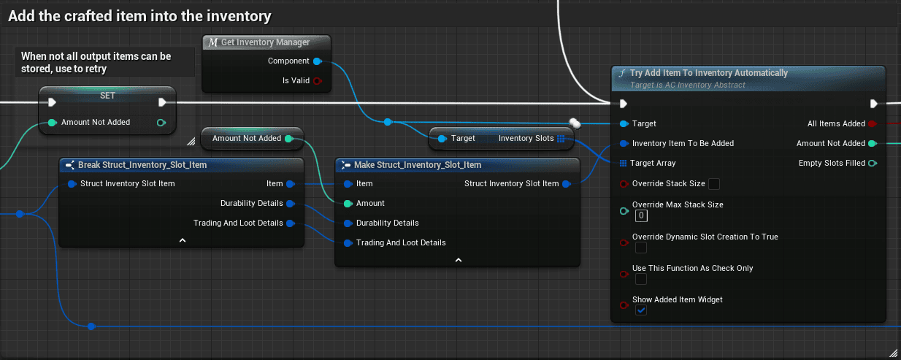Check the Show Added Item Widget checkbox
tap(641, 310)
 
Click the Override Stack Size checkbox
tap(713, 184)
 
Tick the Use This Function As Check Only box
tap(641, 279)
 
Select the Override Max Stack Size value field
tap(641, 215)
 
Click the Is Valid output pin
tap(318, 81)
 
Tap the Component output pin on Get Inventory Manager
tap(318, 61)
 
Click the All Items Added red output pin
tap(872, 124)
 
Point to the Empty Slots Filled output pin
tap(873, 164)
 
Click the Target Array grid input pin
tap(623, 164)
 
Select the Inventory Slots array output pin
tap(561, 139)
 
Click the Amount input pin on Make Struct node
tap(348, 204)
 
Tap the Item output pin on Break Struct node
tap(291, 184)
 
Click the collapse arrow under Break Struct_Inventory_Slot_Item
tap(183, 240)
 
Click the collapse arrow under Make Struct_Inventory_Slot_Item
tap(458, 260)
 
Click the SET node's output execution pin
tap(162, 102)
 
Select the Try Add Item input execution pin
tap(623, 104)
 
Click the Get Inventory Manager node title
tap(266, 42)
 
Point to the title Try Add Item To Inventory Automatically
tap(709, 73)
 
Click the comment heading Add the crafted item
tap(139, 16)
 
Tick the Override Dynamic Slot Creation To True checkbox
tap(641, 248)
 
